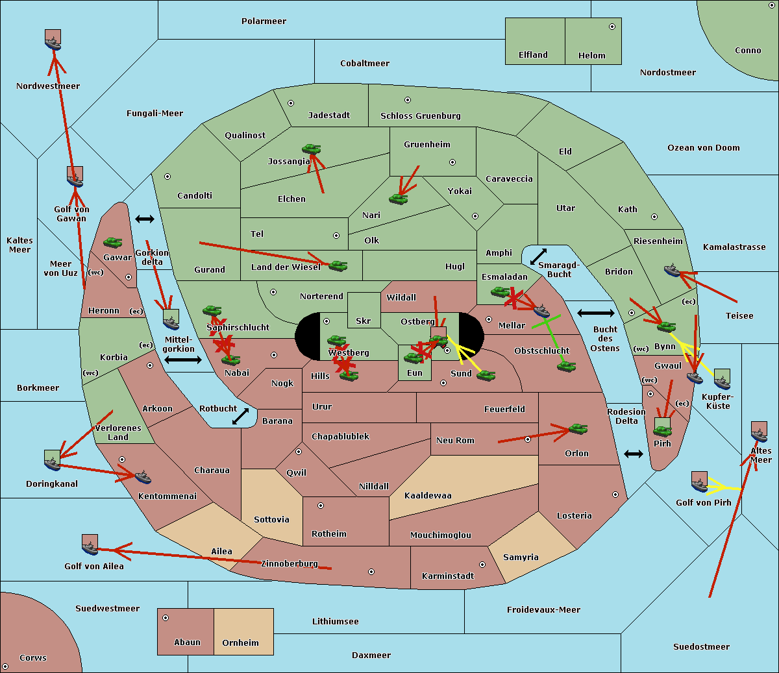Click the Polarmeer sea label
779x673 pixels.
tap(264, 21)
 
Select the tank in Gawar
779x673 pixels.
tap(113, 243)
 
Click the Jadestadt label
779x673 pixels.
tap(328, 116)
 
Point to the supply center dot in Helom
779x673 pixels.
tap(612, 27)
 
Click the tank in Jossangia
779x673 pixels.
tap(312, 149)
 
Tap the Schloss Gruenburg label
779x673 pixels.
tap(420, 116)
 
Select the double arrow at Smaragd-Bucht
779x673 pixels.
tap(539, 256)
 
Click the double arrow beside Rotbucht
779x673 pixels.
tap(240, 417)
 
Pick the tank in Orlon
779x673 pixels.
tap(578, 429)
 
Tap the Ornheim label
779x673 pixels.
tap(240, 643)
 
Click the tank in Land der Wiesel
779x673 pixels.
tap(338, 265)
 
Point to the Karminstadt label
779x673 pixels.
tap(448, 576)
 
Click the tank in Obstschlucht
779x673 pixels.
tap(566, 366)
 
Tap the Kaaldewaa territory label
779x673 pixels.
tap(428, 496)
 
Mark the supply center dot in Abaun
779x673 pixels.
tap(166, 618)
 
